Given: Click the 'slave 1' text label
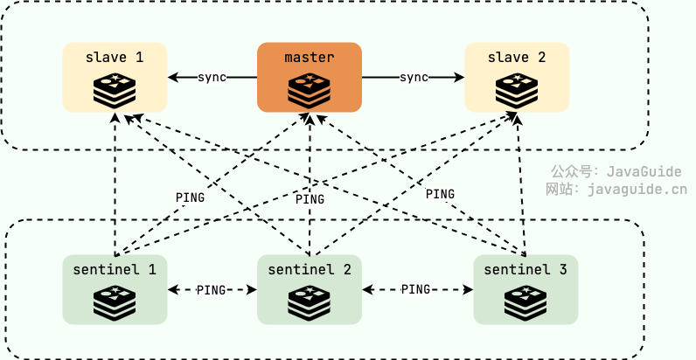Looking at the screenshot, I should point(115,58).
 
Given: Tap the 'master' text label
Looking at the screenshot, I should point(309,58).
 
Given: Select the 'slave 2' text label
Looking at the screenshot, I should point(517,58).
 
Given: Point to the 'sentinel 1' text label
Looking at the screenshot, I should point(115,269).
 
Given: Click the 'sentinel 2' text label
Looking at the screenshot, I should point(309,269).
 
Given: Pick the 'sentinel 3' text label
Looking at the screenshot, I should point(525,269).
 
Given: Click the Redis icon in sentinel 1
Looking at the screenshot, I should point(115,301).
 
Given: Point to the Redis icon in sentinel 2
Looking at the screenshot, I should point(309,301).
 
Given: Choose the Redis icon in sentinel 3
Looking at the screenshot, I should point(525,301).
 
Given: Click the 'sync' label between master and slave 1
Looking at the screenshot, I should point(212,77).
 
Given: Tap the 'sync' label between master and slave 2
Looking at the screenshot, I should point(414,77).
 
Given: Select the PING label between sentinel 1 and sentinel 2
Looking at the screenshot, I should point(212,289).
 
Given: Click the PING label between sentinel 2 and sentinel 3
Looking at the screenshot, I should point(416,289).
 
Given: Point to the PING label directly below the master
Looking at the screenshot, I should point(310,199).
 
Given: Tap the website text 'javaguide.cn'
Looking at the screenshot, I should point(637,188).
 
